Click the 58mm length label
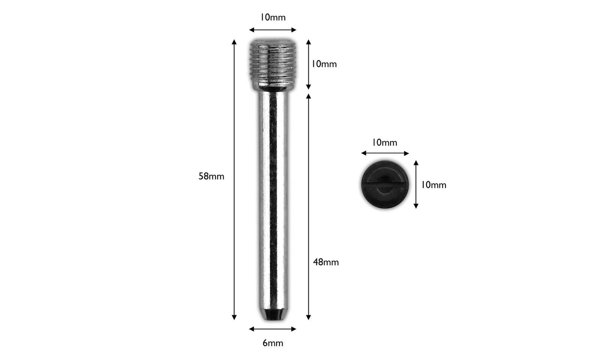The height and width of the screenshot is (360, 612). point(211,177)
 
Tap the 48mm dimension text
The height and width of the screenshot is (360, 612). point(326,262)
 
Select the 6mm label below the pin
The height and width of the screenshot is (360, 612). point(273,343)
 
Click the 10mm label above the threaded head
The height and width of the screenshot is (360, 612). point(273,17)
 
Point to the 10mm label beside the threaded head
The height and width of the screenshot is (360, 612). point(324,64)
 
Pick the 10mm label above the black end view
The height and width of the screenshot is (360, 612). point(385,143)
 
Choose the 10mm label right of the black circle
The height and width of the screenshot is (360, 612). point(434,185)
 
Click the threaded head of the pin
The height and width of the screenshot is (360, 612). point(273,65)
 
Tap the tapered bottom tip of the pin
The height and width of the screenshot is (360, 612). point(273,315)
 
